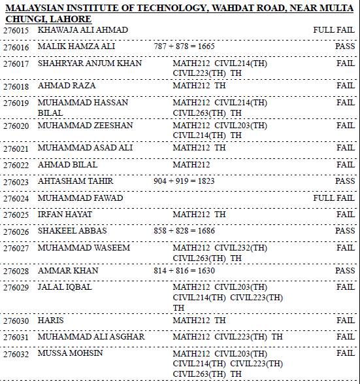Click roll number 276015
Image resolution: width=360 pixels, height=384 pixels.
click(x=16, y=31)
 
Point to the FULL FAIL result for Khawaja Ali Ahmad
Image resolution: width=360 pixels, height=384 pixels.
click(x=333, y=30)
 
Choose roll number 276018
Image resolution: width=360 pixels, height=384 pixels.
click(x=16, y=86)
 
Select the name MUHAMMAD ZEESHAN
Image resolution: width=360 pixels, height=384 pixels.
click(x=85, y=125)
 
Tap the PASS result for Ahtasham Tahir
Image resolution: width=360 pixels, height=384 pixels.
click(x=345, y=181)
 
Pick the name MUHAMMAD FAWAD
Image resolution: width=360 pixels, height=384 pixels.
click(x=80, y=198)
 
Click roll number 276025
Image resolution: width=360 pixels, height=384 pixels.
click(x=16, y=215)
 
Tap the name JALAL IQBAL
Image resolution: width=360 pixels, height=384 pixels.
click(x=65, y=287)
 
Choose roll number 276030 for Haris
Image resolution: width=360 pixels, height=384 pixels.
click(x=16, y=321)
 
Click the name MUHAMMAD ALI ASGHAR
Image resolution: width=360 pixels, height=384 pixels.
click(x=91, y=336)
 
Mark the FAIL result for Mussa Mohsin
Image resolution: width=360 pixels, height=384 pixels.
click(x=346, y=353)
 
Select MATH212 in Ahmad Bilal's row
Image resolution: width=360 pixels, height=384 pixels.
click(x=191, y=164)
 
